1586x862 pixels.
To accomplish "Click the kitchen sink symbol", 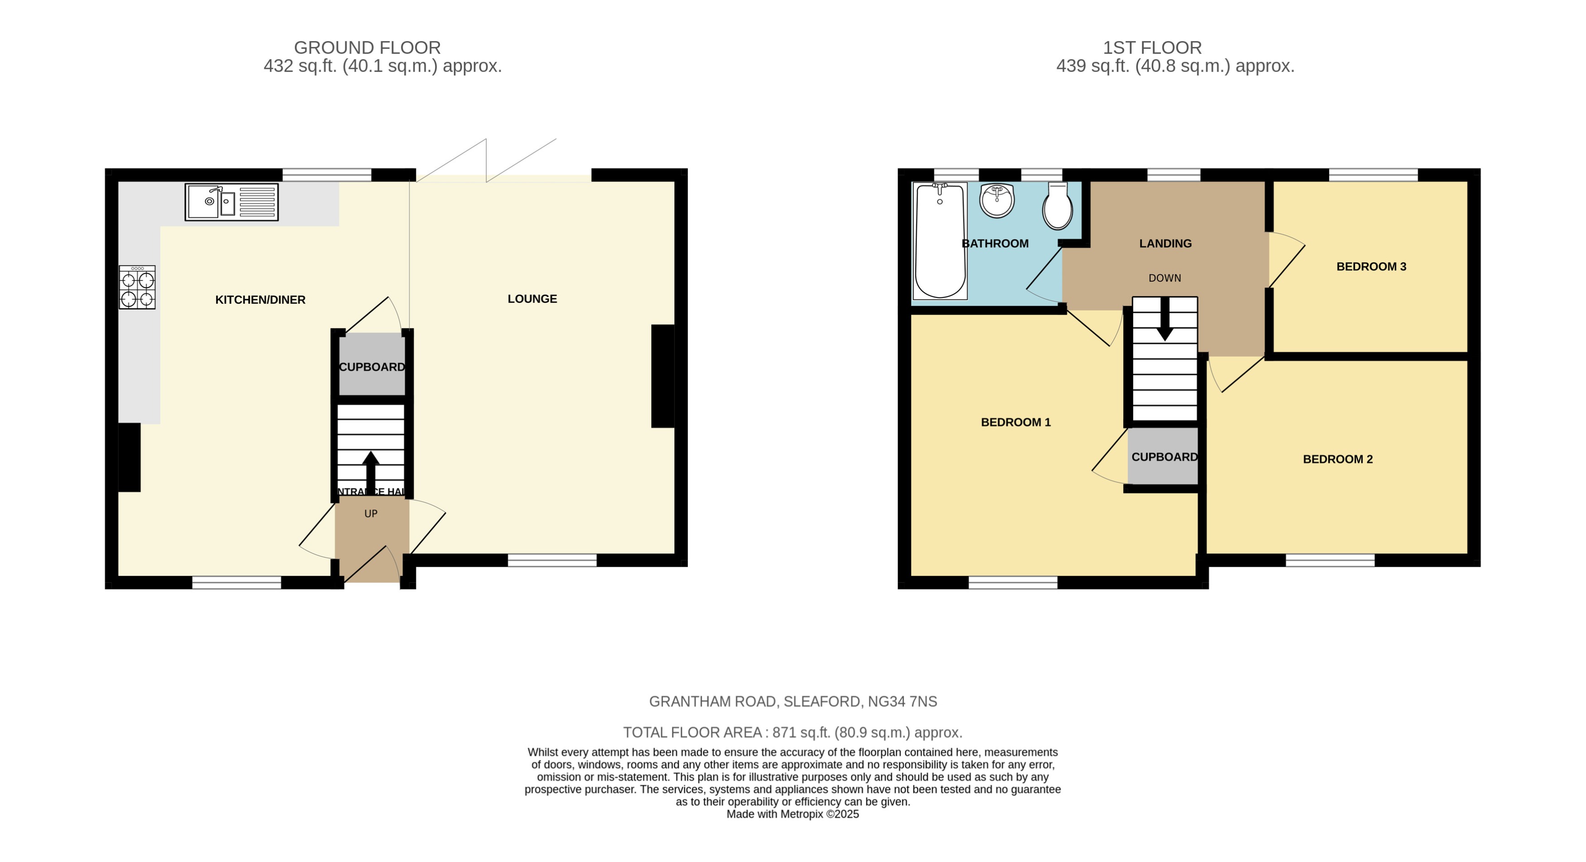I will pos(232,202).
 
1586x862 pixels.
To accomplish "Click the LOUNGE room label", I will pos(532,299).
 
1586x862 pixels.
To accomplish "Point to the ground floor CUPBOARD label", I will pos(372,367).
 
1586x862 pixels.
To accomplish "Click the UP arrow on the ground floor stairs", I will pos(371,471).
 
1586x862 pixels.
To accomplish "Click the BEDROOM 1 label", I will pos(1015,422).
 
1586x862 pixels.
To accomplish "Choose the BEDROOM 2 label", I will pos(1337,459).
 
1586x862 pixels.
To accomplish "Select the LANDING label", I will pos(1165,244).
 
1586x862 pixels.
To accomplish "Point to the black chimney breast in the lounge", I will pos(662,376).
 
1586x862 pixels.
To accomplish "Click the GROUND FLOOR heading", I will pos(367,48).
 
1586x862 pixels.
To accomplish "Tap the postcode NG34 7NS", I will pos(902,701).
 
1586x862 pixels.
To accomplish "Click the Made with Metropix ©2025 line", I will pos(793,814).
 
